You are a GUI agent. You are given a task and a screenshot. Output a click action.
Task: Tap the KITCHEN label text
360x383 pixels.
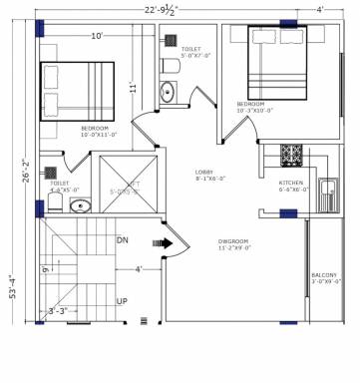(291, 184)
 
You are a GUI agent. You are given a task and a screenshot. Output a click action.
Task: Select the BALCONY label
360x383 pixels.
(324, 275)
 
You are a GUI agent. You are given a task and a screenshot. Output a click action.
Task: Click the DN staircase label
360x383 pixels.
(123, 240)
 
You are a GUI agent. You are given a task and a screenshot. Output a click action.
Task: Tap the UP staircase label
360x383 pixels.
(122, 300)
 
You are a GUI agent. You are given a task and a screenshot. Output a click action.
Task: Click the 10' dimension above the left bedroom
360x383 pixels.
(97, 36)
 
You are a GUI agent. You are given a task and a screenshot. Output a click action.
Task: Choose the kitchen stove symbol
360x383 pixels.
(291, 155)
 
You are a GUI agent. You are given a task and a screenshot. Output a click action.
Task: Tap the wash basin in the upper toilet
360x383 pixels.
(167, 94)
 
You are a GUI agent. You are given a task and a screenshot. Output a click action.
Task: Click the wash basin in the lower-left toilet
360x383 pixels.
(80, 206)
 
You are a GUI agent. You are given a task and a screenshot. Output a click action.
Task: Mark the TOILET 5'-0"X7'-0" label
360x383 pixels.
(191, 51)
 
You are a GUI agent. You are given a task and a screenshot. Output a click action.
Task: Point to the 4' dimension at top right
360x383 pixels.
(320, 10)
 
